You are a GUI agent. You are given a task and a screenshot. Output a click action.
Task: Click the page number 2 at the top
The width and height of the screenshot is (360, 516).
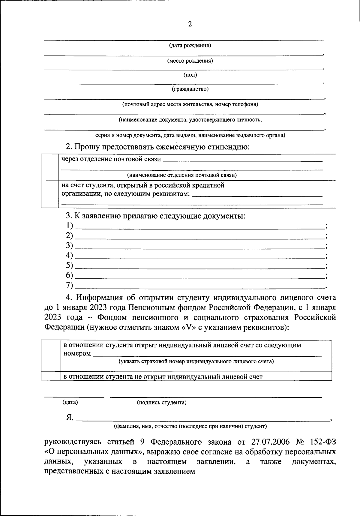pos(190,24)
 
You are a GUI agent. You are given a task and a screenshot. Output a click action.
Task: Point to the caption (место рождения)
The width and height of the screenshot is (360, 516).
pos(190,61)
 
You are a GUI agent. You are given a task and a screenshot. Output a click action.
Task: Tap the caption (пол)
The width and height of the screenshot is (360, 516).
pos(190,75)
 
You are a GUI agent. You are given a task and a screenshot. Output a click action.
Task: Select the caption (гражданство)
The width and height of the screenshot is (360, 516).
pos(190,89)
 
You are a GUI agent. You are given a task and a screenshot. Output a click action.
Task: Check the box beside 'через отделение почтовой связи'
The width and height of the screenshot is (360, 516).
pos(49,167)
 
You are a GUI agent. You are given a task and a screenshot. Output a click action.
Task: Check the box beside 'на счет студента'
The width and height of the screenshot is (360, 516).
pos(49,194)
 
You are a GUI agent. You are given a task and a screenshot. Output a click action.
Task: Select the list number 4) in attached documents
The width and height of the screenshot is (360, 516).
pos(69,255)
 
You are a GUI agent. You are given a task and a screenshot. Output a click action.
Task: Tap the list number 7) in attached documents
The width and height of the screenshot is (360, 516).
pos(69,285)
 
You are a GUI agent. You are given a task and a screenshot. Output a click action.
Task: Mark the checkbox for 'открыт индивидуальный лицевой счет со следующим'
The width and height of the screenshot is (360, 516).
pos(50,356)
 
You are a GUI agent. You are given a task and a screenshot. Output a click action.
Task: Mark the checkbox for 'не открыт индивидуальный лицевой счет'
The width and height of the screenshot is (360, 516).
pos(50,376)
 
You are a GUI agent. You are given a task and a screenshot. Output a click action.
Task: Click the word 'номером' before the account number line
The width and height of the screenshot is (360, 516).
pos(77,353)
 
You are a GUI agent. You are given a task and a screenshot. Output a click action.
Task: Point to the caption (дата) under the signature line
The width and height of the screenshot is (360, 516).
pos(70,402)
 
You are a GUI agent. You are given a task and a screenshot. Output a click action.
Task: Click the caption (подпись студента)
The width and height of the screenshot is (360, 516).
pos(161,403)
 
